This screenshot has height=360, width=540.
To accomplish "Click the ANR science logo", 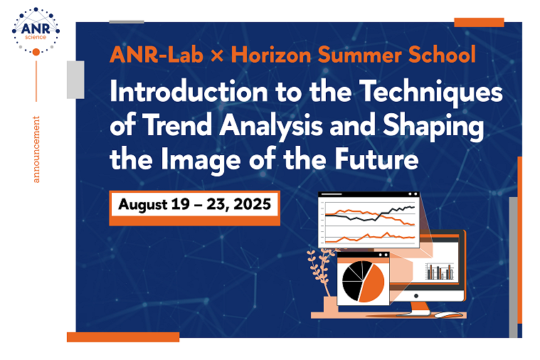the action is tap(36, 31).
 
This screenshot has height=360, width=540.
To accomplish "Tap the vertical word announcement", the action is tap(36, 149).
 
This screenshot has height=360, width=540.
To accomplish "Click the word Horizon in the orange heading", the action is tap(270, 55).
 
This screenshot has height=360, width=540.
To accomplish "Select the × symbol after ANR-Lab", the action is tap(217, 55).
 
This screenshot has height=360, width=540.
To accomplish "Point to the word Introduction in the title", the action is tap(189, 91).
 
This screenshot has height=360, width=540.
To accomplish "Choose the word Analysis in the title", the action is tap(271, 127).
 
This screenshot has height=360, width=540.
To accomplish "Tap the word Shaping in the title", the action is tap(433, 127).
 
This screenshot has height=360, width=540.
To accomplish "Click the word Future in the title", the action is tap(377, 159).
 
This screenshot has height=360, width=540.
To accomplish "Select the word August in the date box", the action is tap(143, 205).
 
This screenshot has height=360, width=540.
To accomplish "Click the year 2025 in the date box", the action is tap(252, 204).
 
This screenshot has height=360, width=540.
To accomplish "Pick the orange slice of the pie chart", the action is tap(371, 283).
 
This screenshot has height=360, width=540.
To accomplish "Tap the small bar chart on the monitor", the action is tap(440, 272).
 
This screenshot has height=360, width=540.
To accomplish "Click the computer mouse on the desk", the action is tap(448, 314).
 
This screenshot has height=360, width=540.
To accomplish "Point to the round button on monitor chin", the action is tap(416, 296).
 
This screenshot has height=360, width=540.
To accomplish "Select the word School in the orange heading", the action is tap(442, 55).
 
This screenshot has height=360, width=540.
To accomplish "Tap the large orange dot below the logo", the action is tap(36, 52).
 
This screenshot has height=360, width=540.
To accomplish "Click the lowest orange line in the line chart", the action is tap(370, 238).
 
